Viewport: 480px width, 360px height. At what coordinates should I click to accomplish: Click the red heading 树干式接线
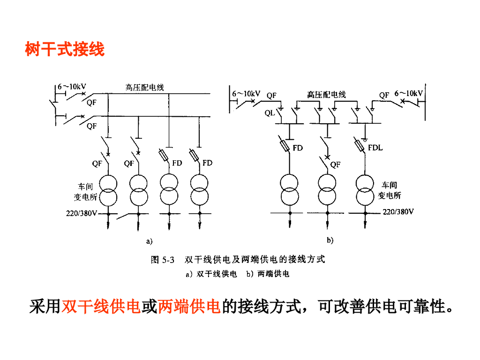[65, 49]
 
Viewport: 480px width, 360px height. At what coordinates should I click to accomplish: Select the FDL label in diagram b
[375, 148]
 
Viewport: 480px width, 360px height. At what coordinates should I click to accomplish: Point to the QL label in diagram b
[270, 113]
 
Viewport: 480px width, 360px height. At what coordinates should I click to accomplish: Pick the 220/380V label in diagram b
[398, 212]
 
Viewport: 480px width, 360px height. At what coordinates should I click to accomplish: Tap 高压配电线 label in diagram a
[144, 87]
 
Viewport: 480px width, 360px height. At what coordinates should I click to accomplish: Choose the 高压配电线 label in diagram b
[326, 95]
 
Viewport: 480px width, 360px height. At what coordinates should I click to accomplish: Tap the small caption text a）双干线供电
[211, 274]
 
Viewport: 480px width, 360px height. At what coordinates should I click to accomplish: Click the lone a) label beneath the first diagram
[150, 241]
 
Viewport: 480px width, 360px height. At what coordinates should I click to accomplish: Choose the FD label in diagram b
[298, 148]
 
